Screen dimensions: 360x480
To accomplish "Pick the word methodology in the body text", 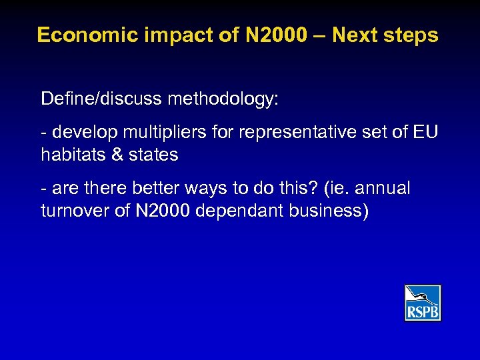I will [223, 99].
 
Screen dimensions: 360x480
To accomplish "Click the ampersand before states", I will [117, 155].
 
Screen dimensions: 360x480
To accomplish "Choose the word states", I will [154, 155].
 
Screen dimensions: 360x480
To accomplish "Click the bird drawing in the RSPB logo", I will [423, 295].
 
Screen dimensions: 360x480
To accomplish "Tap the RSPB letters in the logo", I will [423, 311].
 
